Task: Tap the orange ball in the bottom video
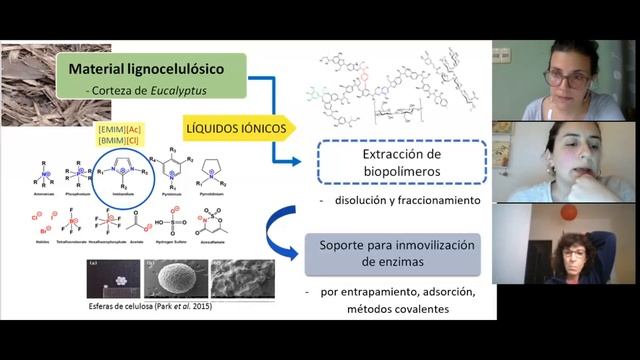[x=568, y=212]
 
